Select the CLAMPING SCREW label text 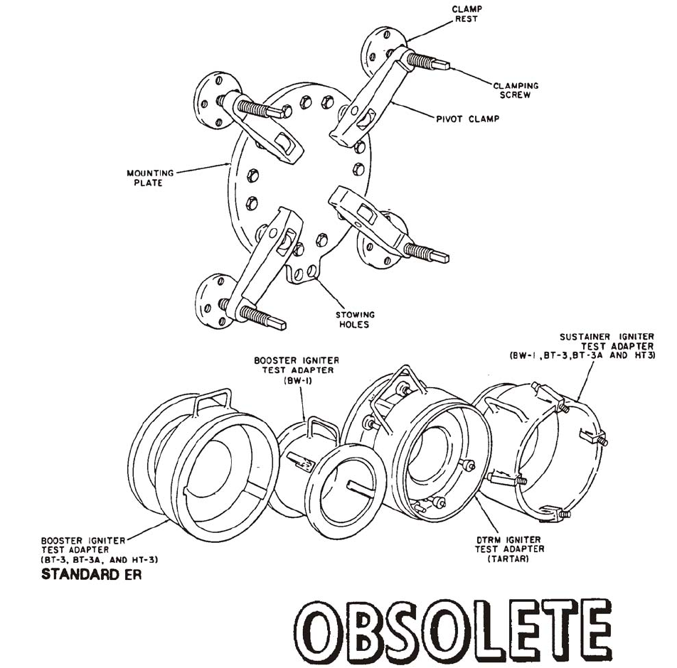click(x=516, y=90)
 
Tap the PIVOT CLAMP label click(x=467, y=119)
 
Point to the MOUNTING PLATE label click(x=145, y=178)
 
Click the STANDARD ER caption click(x=91, y=574)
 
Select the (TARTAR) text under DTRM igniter click(x=509, y=559)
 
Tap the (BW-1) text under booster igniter click(x=297, y=381)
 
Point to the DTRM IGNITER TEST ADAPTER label click(x=509, y=544)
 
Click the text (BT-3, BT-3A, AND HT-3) click(x=100, y=559)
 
